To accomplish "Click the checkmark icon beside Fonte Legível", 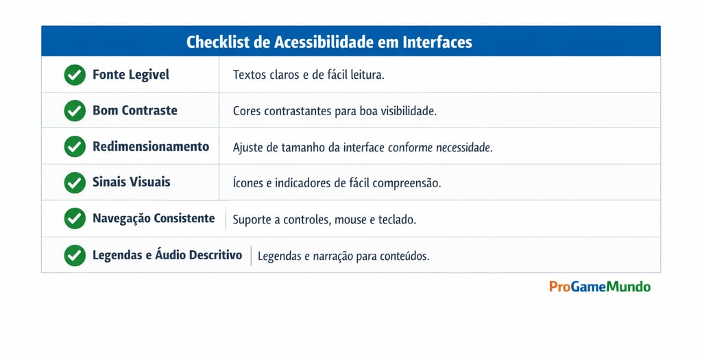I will (x=75, y=75).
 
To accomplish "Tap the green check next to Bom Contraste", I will (x=75, y=110).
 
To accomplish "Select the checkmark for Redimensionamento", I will (x=75, y=147).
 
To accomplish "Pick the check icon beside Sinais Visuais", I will (x=75, y=182).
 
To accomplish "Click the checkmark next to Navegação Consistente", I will (x=75, y=219).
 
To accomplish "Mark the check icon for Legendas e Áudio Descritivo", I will (x=75, y=255).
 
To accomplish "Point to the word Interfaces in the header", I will (x=438, y=42).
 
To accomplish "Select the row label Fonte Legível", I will (x=131, y=75).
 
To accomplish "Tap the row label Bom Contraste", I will (x=135, y=110).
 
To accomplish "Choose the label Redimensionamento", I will (x=151, y=147).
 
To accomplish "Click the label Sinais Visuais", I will (x=132, y=182).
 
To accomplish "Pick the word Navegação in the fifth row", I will (x=121, y=219).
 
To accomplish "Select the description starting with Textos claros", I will (x=308, y=75).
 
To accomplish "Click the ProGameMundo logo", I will (x=600, y=287).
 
